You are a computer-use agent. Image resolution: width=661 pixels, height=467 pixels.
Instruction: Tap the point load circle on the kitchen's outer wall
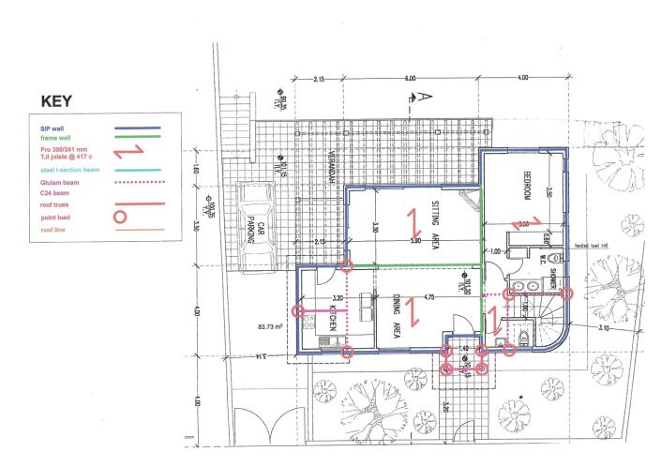(x=298, y=310)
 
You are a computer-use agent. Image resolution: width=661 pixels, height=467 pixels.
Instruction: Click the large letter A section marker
(x=425, y=95)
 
